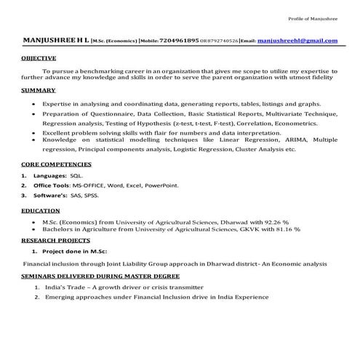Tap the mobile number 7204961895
pos(182,41)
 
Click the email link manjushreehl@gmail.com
pos(297,41)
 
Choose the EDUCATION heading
pos(40,210)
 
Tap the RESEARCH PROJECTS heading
pos(55,239)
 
